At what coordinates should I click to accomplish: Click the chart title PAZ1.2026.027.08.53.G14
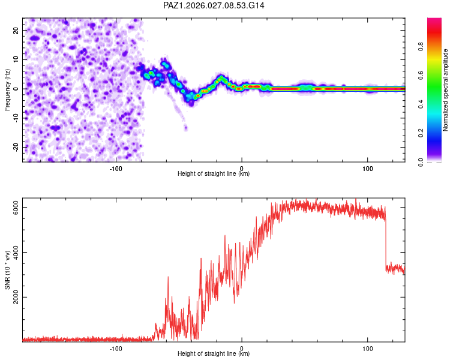(x=214, y=5)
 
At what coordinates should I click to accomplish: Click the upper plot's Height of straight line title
(x=214, y=173)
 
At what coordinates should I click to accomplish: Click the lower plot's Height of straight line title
(x=214, y=353)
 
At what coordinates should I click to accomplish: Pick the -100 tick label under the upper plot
(x=116, y=167)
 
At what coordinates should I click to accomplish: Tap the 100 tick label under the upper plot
(x=367, y=167)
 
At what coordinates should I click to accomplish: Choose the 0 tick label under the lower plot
(x=242, y=347)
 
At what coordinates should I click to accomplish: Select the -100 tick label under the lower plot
(x=116, y=347)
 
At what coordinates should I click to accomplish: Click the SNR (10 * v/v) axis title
(x=7, y=270)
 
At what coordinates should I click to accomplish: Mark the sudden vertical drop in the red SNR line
(x=385, y=240)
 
